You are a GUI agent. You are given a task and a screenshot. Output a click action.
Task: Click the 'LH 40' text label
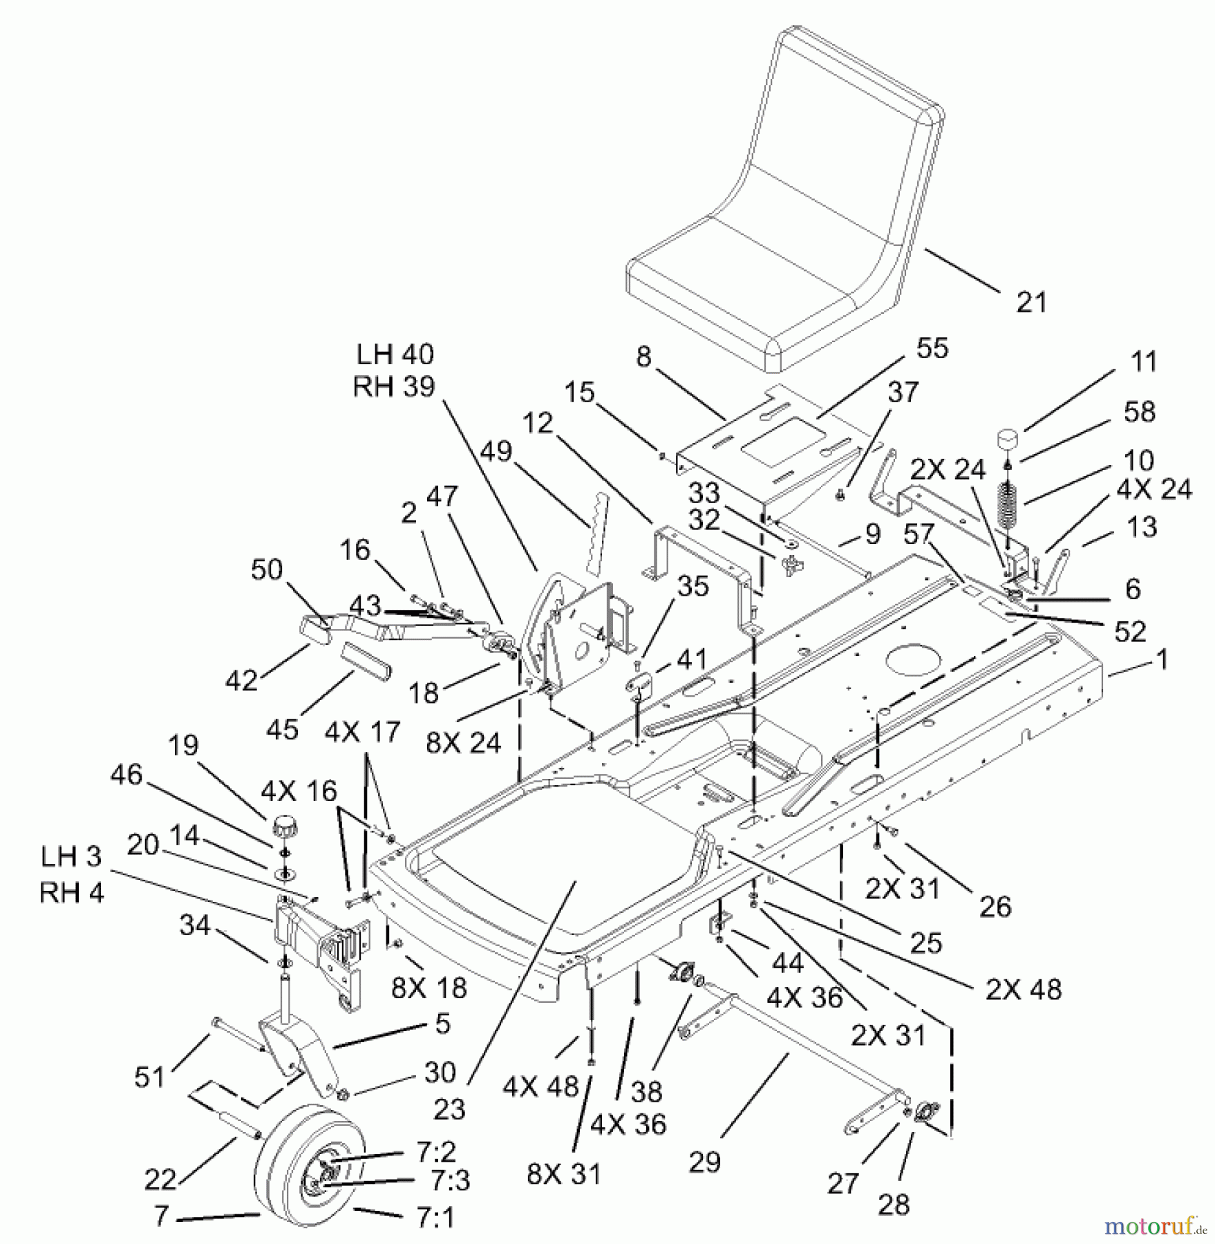[x=395, y=355]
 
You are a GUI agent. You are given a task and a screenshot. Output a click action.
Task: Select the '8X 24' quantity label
[x=463, y=743]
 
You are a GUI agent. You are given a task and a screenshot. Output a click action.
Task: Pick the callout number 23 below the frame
[x=449, y=1109]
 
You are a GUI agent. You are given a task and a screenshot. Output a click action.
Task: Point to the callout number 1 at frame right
[x=1162, y=660]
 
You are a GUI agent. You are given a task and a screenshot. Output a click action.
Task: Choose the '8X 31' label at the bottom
[x=564, y=1174]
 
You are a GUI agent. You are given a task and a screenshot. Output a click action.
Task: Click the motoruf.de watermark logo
[x=1153, y=1226]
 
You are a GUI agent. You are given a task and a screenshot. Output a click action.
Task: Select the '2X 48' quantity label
[x=1023, y=989]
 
